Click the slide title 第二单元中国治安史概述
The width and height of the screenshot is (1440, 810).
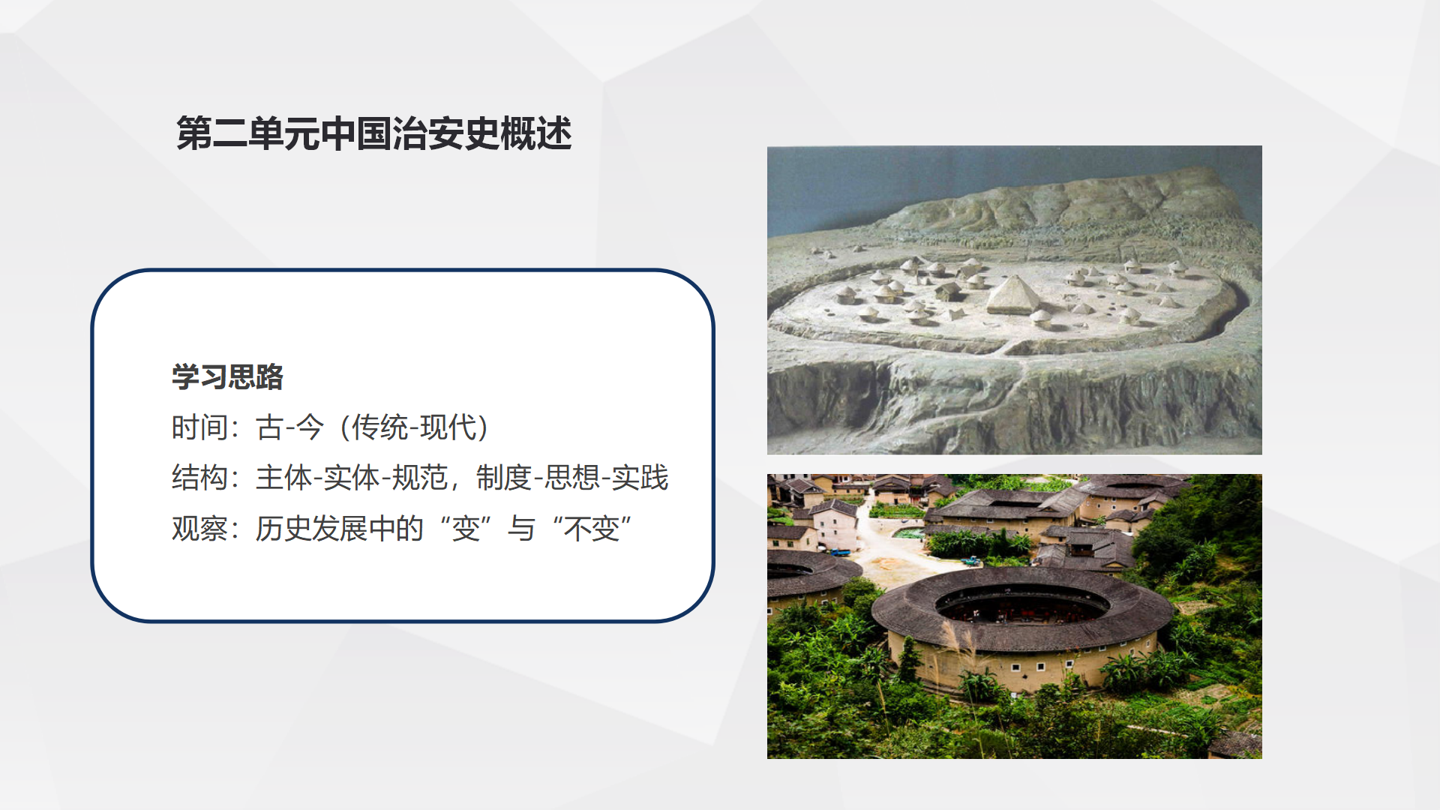tap(374, 133)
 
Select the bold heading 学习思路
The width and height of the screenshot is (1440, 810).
tap(228, 376)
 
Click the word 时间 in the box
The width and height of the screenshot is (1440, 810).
tap(199, 427)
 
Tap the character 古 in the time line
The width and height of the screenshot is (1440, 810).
tap(269, 427)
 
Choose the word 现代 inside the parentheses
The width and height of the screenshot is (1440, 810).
tap(448, 427)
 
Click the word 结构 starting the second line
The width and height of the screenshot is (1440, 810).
tap(199, 478)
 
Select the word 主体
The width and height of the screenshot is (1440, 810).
tap(283, 478)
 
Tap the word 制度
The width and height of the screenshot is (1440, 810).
tap(504, 478)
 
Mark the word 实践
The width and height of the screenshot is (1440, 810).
tap(640, 478)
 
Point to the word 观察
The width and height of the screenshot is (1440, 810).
tap(199, 529)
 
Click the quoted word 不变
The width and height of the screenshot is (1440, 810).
tap(592, 529)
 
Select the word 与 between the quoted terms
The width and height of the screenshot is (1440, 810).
tap(521, 529)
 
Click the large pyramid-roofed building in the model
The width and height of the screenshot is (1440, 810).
tap(1012, 295)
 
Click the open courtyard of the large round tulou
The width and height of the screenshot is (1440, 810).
tap(1021, 607)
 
